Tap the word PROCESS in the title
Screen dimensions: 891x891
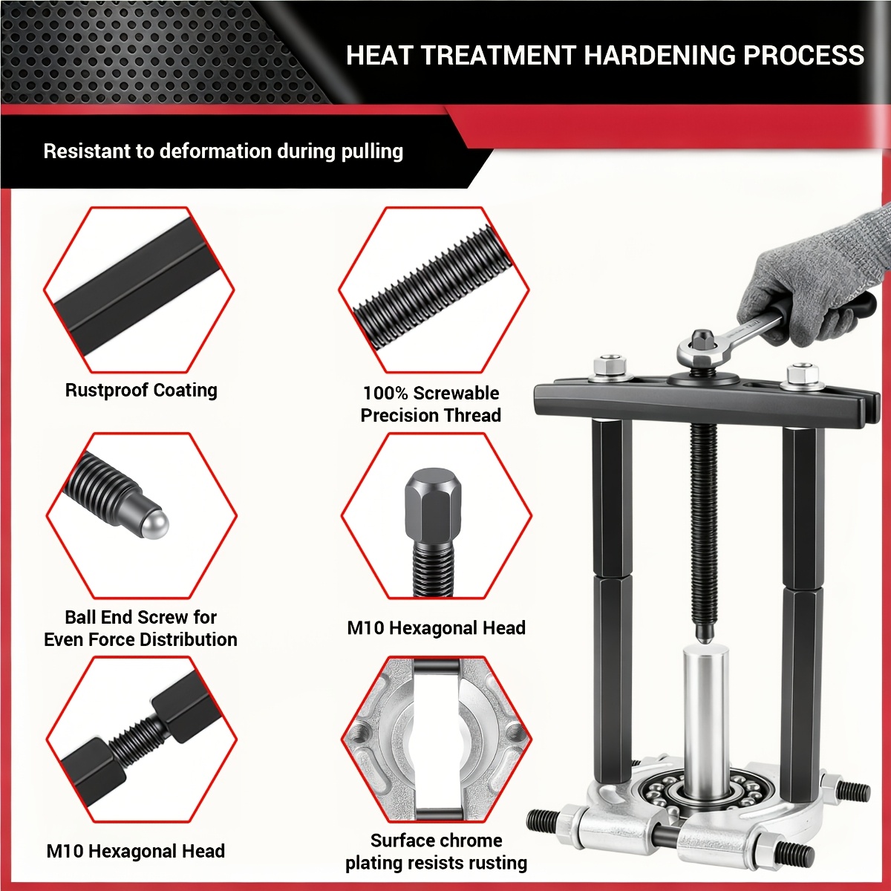803,56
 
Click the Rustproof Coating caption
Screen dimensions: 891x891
141,391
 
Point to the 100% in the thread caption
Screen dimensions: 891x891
385,394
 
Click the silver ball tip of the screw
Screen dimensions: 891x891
154,525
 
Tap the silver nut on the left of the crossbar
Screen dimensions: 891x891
610,368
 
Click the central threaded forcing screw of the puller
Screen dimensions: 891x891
703,532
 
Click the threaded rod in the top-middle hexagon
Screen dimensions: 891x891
433,290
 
